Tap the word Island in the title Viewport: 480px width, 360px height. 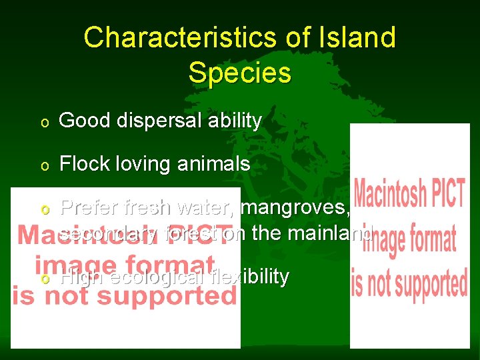(x=362, y=38)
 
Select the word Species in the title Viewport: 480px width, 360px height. (x=239, y=73)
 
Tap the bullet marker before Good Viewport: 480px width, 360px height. (x=44, y=122)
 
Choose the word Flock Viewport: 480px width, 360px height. (x=81, y=163)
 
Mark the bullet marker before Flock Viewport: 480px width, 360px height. (x=44, y=165)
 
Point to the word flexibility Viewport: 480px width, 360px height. (x=249, y=277)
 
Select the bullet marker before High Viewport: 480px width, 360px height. (x=44, y=278)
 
